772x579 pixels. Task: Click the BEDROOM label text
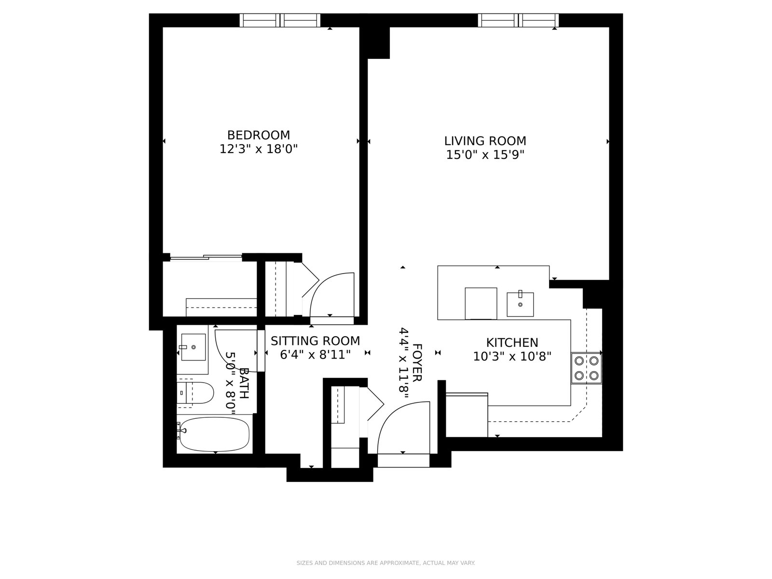[259, 135]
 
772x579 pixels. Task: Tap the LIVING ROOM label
[485, 141]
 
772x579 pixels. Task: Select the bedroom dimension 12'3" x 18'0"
[259, 149]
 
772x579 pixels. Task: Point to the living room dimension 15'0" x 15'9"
[485, 155]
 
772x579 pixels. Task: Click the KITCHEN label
[512, 343]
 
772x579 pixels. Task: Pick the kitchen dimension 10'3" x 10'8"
[512, 357]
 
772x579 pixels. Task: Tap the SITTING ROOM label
[315, 341]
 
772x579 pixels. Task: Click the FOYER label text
[417, 362]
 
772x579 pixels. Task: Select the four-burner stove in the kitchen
[586, 368]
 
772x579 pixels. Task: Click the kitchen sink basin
[520, 304]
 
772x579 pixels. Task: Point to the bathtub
[214, 434]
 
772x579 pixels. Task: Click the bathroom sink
[193, 347]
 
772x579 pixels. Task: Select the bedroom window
[280, 20]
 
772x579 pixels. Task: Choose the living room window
[518, 20]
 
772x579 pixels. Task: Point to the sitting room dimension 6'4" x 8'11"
[315, 355]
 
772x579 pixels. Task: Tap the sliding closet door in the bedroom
[206, 257]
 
